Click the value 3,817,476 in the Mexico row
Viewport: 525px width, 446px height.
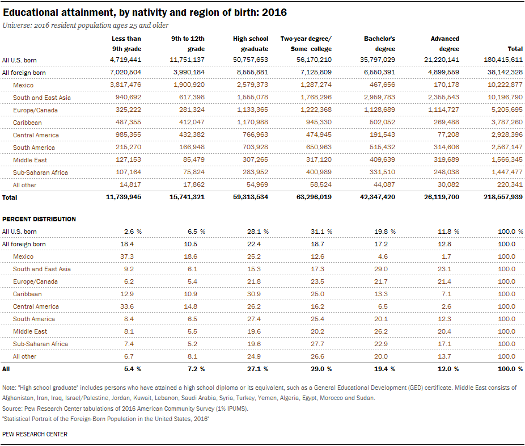click(x=125, y=85)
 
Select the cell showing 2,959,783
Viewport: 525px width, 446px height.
click(x=379, y=97)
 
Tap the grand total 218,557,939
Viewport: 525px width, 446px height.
click(x=503, y=197)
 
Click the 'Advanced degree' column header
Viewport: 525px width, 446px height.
click(x=444, y=44)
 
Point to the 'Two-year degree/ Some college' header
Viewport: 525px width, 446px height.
click(x=306, y=44)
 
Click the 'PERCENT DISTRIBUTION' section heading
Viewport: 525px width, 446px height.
click(x=39, y=219)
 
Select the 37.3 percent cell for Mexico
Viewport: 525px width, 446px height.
click(x=127, y=256)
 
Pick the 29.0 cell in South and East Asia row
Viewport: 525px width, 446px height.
click(x=381, y=269)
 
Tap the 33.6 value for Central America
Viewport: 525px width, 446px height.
click(x=127, y=306)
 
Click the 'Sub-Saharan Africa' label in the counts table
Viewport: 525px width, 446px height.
click(x=40, y=172)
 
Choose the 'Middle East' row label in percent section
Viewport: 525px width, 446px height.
click(x=30, y=331)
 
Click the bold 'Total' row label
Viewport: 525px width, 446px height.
click(x=10, y=197)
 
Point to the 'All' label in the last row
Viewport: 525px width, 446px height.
click(x=6, y=369)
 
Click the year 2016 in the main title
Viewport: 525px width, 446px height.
click(x=274, y=12)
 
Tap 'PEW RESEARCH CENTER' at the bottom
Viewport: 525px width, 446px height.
click(x=35, y=434)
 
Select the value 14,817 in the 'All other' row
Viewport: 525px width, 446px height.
click(x=130, y=184)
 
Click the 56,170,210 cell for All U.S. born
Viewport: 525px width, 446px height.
click(x=314, y=60)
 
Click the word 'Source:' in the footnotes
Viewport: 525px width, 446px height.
click(x=12, y=409)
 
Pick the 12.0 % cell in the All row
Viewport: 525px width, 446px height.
click(x=448, y=369)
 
